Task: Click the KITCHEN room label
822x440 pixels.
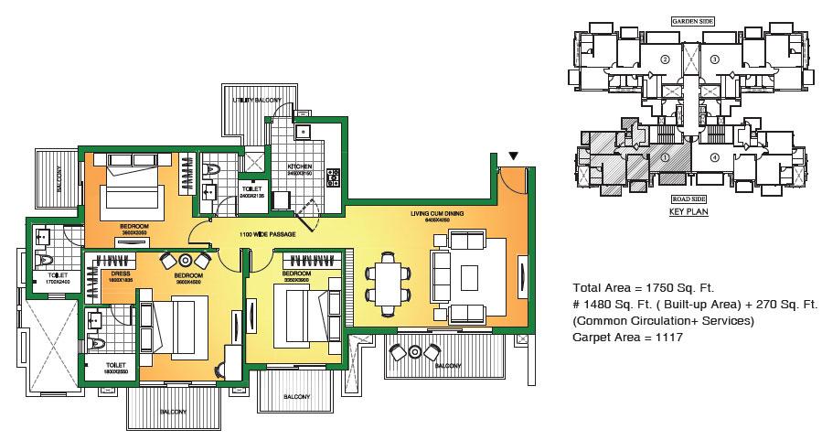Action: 301,165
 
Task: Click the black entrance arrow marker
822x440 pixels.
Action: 513,156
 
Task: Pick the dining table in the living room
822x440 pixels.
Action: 385,282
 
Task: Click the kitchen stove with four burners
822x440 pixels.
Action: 334,174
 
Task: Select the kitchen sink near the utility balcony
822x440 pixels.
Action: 303,132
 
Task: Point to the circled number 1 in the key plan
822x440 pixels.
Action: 666,156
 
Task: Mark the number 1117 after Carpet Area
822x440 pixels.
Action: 667,338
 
